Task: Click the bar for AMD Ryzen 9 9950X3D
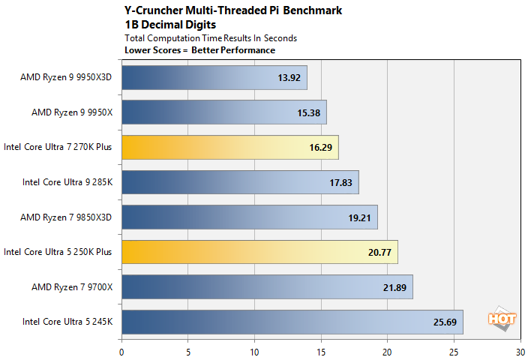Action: pos(214,77)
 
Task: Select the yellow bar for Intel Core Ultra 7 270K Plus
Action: pos(229,147)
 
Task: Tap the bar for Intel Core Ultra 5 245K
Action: pos(292,322)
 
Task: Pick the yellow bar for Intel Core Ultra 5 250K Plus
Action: pos(259,252)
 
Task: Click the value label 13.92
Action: pos(289,77)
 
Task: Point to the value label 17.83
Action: pos(340,182)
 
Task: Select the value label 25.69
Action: pos(445,322)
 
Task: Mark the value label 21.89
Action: pos(394,287)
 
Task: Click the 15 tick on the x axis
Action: pos(321,349)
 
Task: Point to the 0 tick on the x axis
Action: pos(121,349)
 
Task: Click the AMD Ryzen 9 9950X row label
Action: pos(71,112)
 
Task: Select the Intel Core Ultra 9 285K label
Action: pos(67,182)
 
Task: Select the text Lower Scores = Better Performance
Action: pos(199,50)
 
